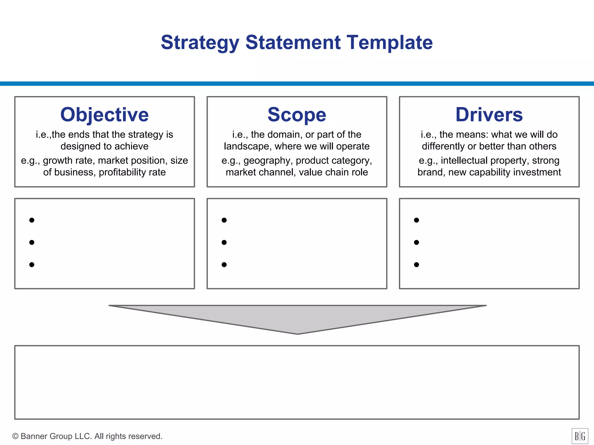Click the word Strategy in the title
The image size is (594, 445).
[200, 43]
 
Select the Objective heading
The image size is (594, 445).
[104, 115]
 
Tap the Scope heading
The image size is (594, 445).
[297, 115]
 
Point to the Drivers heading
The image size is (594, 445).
[489, 115]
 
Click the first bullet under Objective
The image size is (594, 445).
[32, 220]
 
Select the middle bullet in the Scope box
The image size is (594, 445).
[224, 242]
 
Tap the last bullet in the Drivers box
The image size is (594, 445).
[416, 265]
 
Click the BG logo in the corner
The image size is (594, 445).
[580, 436]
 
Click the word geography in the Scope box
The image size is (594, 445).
[267, 161]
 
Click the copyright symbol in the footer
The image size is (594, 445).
[15, 436]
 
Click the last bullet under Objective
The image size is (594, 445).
[32, 265]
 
